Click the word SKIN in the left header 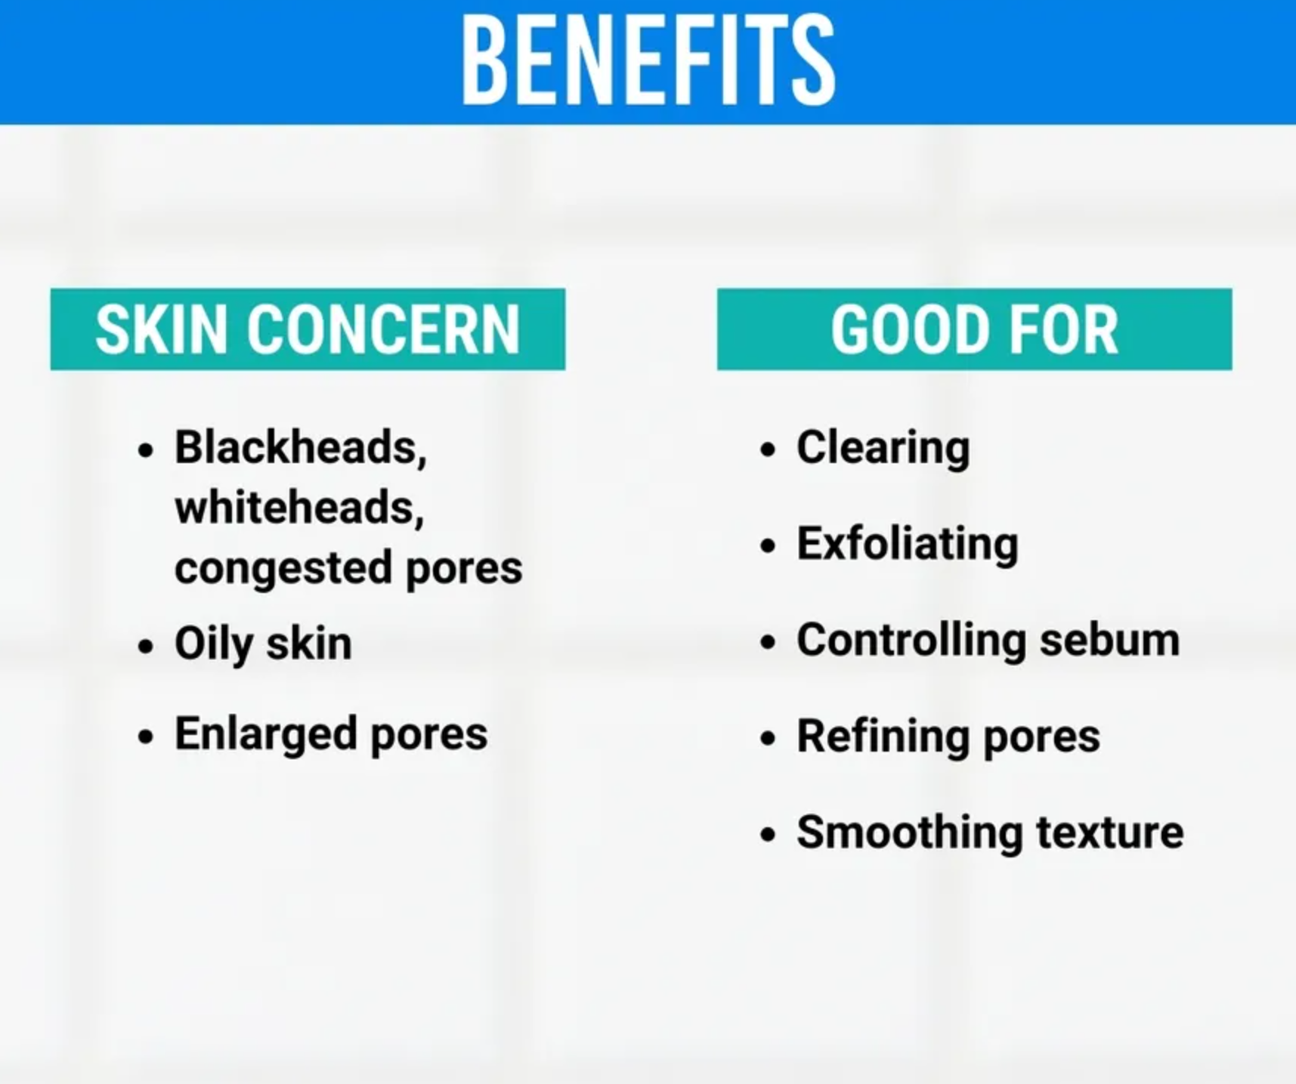(161, 329)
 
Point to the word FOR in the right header (1063, 329)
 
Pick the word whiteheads (299, 507)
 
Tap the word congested (283, 569)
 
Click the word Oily (213, 644)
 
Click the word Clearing (883, 448)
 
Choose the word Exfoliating (908, 545)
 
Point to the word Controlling (911, 641)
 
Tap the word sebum (1109, 641)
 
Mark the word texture (1109, 832)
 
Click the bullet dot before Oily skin (146, 647)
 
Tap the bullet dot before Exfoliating (768, 545)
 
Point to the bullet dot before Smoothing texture (768, 834)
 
